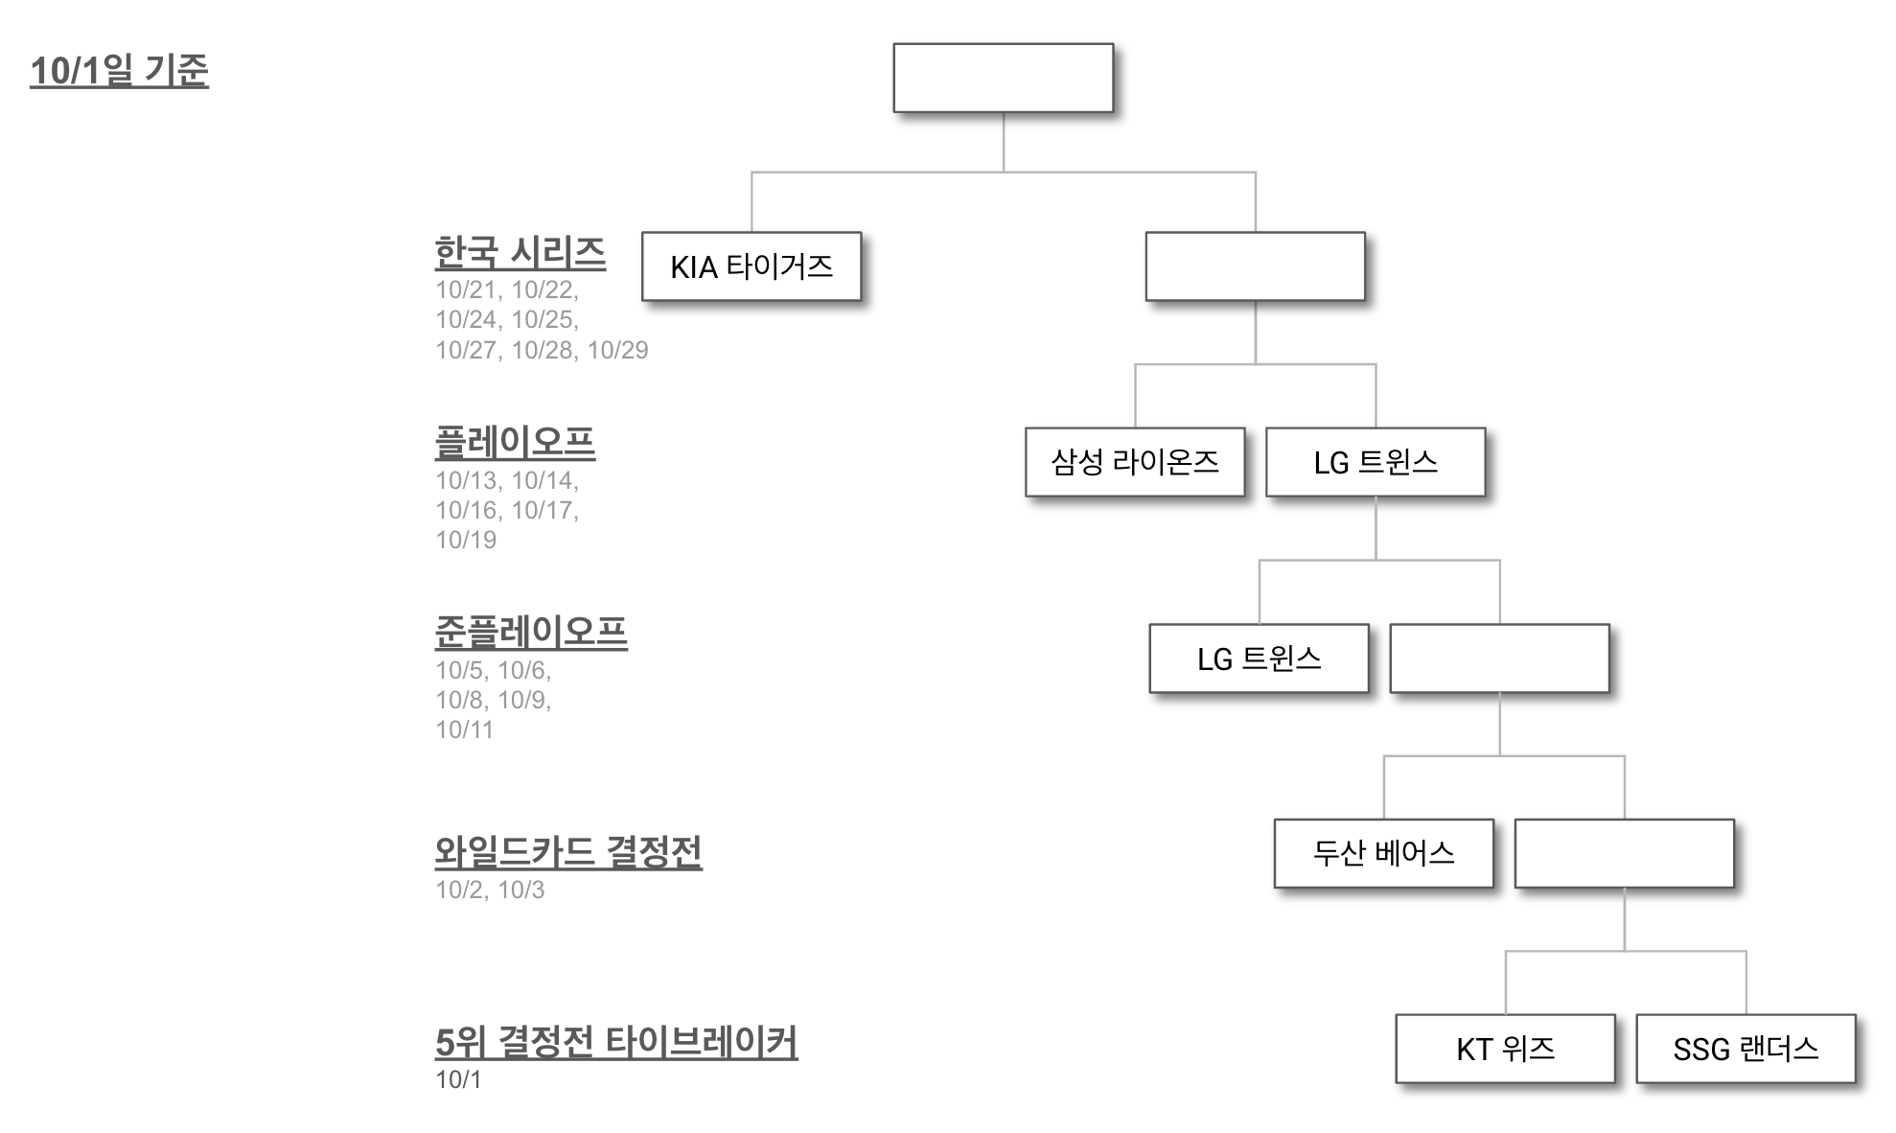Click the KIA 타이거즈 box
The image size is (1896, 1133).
(x=751, y=266)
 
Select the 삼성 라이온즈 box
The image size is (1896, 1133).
(x=1134, y=462)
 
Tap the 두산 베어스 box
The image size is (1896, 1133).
(x=1383, y=853)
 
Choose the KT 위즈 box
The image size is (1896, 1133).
(x=1505, y=1049)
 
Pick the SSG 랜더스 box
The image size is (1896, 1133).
(x=1746, y=1049)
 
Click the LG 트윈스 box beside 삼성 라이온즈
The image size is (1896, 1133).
(x=1375, y=462)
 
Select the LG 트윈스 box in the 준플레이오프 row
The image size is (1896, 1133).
(x=1259, y=659)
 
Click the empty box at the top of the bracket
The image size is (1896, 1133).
(x=1003, y=78)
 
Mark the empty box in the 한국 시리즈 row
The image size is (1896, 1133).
(x=1255, y=266)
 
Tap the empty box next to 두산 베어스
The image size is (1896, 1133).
(x=1624, y=853)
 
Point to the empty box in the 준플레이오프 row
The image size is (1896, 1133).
(x=1499, y=659)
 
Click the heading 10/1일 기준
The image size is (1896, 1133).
(x=119, y=71)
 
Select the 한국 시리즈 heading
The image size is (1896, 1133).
(x=520, y=253)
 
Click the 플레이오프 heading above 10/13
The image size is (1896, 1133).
(x=515, y=442)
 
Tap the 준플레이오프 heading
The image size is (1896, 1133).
(x=531, y=632)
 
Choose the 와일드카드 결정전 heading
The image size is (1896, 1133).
(x=568, y=851)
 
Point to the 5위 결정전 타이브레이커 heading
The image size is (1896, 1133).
(x=615, y=1042)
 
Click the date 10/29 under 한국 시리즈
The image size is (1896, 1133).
(x=617, y=350)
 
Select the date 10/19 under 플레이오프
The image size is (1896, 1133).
(x=466, y=540)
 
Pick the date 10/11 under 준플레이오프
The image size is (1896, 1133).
(x=464, y=729)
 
